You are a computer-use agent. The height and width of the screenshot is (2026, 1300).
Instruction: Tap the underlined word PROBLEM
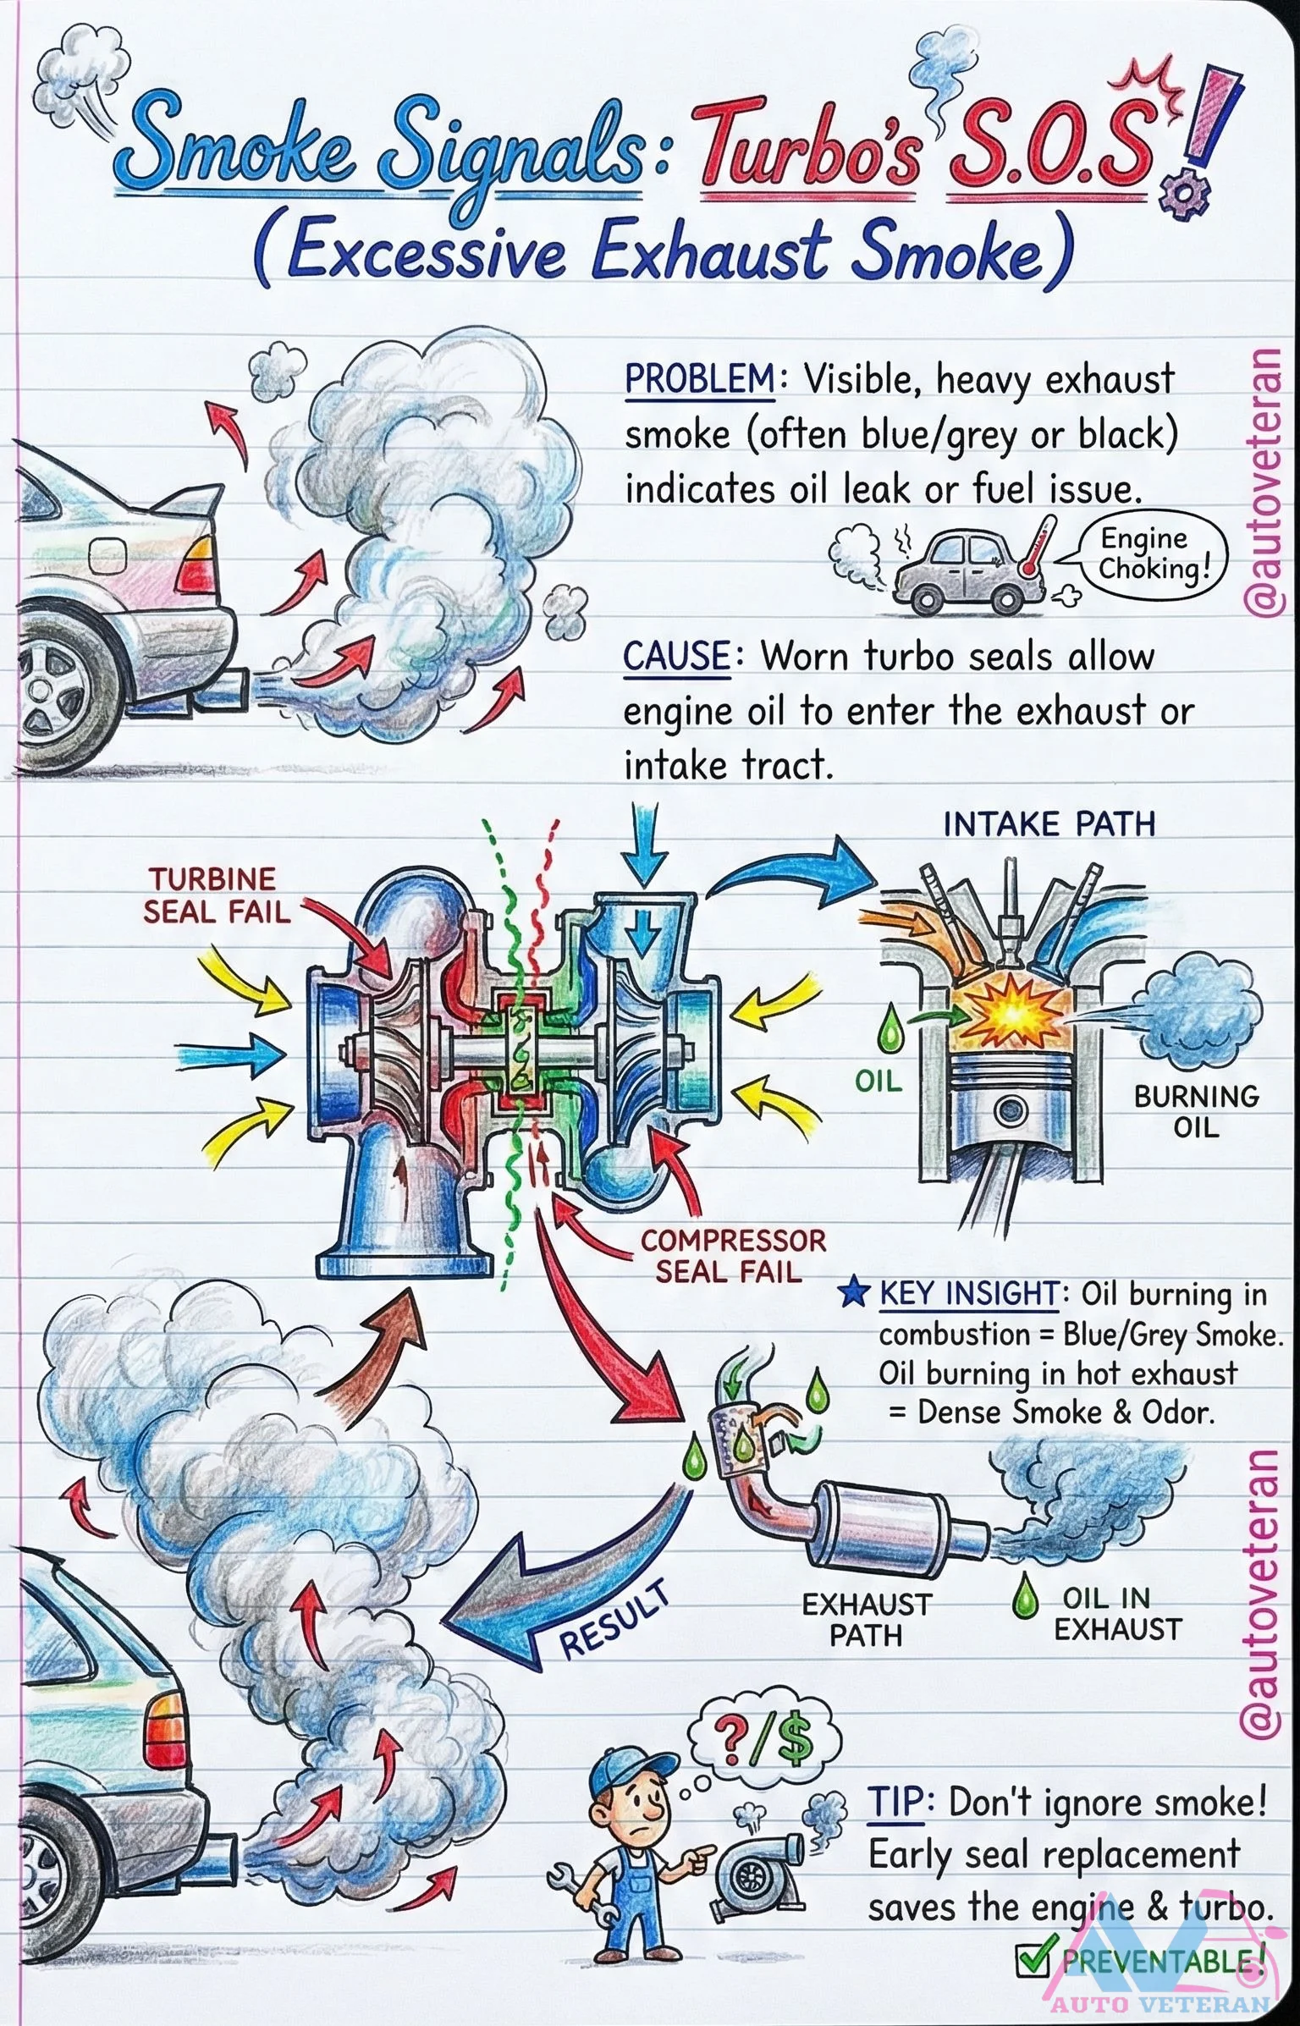[699, 379]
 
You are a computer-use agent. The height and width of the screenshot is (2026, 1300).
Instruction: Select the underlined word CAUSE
[675, 657]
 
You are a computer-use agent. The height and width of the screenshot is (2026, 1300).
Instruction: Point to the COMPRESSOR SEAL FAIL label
[732, 1256]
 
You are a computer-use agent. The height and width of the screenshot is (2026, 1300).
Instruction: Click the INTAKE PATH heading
[1049, 824]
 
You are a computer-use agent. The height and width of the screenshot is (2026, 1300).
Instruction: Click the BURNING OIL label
[1196, 1111]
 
